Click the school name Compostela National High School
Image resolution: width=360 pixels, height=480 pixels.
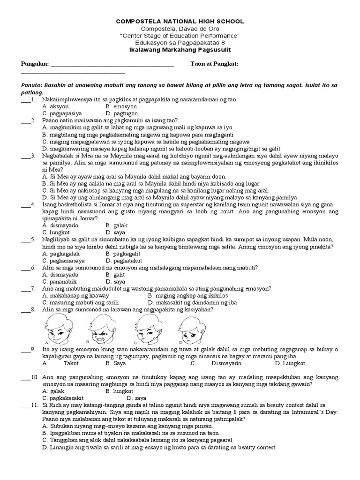point(180,22)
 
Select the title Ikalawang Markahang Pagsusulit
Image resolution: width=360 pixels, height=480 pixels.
point(180,50)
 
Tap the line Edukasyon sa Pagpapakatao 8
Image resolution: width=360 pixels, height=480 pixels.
point(180,43)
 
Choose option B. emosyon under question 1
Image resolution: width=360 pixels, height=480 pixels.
point(121,106)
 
